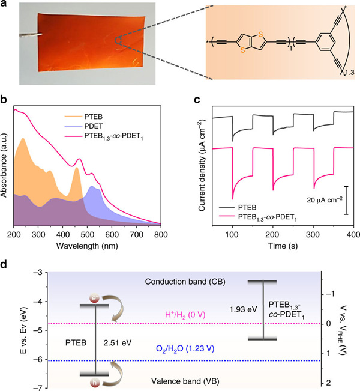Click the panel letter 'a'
click(5, 7)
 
